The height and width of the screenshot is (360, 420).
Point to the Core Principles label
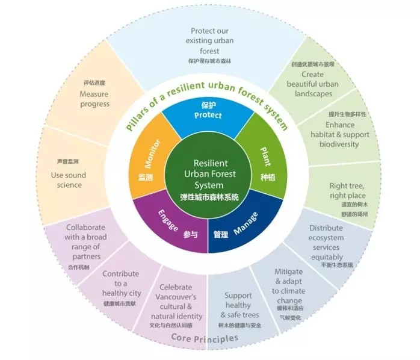205,338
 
